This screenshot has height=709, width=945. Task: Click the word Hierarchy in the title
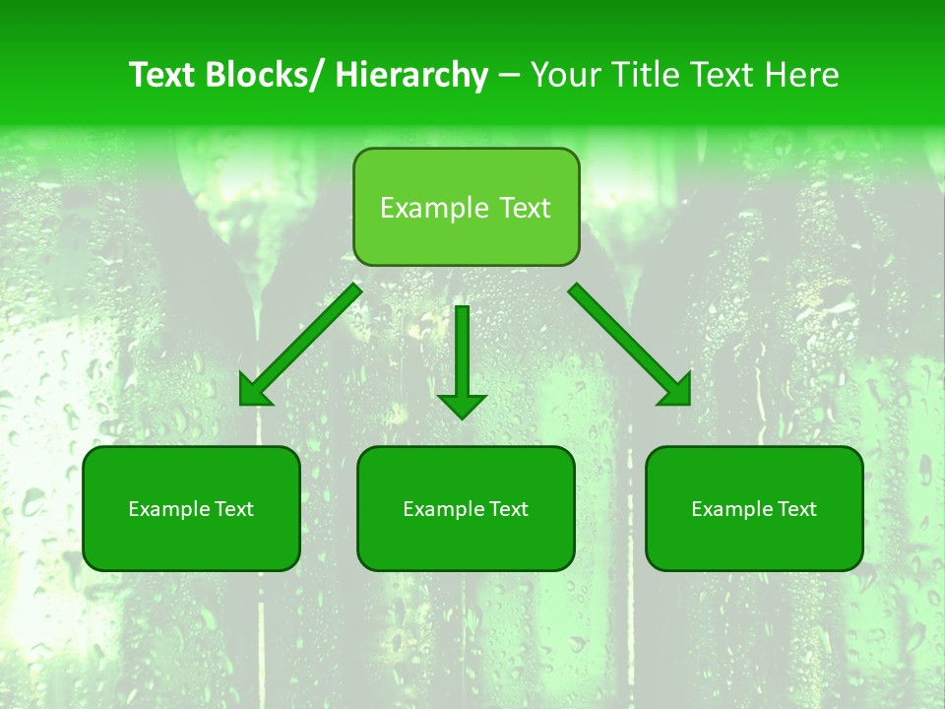tap(410, 76)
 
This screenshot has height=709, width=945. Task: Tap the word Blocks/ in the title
tap(271, 76)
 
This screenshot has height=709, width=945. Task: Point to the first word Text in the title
tap(165, 76)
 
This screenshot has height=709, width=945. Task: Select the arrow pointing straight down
tap(462, 354)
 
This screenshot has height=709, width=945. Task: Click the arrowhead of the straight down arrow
tap(462, 404)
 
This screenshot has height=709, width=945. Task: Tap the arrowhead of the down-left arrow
tap(255, 391)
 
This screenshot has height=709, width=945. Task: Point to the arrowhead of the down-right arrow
tap(676, 391)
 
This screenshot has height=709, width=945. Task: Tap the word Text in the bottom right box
tap(796, 509)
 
